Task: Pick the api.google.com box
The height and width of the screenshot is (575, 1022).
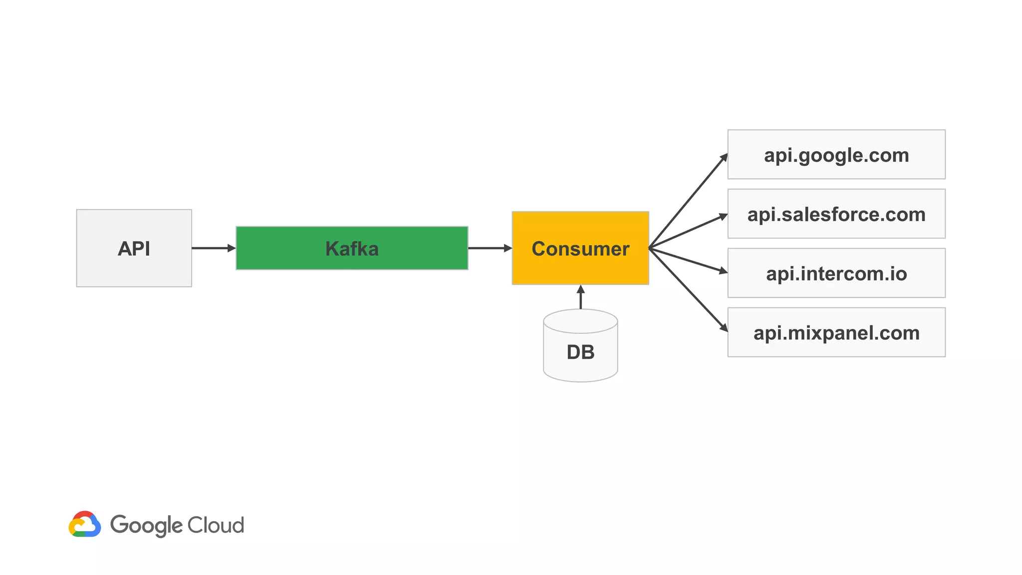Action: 836,155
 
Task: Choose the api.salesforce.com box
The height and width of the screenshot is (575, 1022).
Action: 836,214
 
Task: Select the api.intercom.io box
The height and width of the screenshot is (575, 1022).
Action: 836,274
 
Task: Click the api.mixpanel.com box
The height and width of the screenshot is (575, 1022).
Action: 836,332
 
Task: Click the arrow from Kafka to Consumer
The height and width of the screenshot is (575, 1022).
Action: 489,248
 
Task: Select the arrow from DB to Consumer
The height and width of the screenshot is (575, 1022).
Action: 580,298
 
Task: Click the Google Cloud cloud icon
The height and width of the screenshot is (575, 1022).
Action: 85,524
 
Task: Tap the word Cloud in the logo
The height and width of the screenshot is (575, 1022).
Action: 216,525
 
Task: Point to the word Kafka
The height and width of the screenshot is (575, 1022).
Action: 352,249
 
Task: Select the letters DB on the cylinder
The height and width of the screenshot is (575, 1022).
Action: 580,352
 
